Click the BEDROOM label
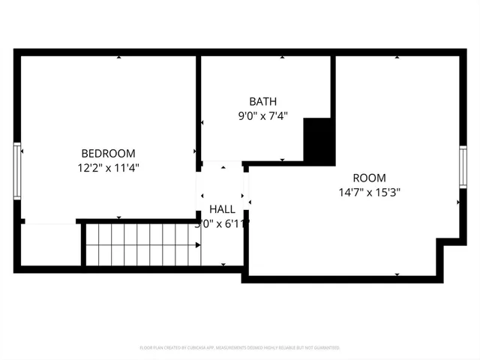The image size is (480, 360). point(108,153)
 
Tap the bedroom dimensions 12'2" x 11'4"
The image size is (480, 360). point(108,168)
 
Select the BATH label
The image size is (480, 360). point(262,101)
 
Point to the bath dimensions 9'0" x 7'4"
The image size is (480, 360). point(262,116)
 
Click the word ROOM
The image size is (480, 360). point(369,178)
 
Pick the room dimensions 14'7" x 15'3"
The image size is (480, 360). point(369,192)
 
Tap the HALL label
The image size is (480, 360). point(223,209)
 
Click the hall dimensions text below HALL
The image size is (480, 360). point(223,223)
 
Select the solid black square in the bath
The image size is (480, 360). point(319,139)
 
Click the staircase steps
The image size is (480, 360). point(139,244)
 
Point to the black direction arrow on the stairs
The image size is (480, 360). point(198,244)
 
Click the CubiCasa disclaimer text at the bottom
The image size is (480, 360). point(240,348)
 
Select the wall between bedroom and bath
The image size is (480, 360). point(199,105)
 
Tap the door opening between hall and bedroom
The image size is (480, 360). point(199,191)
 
